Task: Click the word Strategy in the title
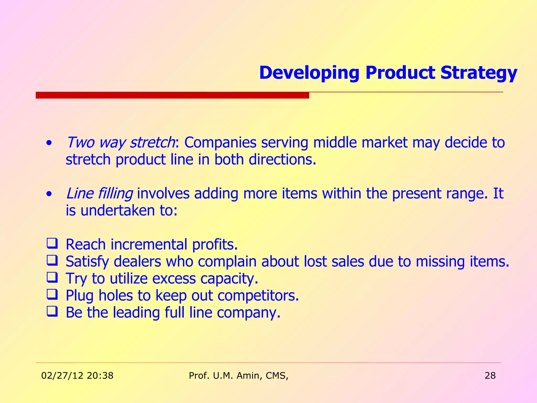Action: coord(479,73)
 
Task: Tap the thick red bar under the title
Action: coord(172,95)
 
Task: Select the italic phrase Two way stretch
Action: coord(120,142)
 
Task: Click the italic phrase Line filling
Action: coord(99,194)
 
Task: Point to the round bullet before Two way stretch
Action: coord(49,144)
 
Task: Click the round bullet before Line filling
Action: coord(49,194)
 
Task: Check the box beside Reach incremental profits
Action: coord(52,243)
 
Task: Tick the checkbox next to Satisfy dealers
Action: coord(52,260)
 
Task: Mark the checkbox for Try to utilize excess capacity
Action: coord(52,277)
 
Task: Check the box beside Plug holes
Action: coord(52,294)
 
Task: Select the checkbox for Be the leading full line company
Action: coord(52,311)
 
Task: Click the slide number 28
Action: coord(490,376)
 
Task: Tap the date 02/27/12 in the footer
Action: coord(62,376)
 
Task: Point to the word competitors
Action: coord(258,296)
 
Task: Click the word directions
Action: coord(282,160)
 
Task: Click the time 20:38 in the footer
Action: coord(100,376)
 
